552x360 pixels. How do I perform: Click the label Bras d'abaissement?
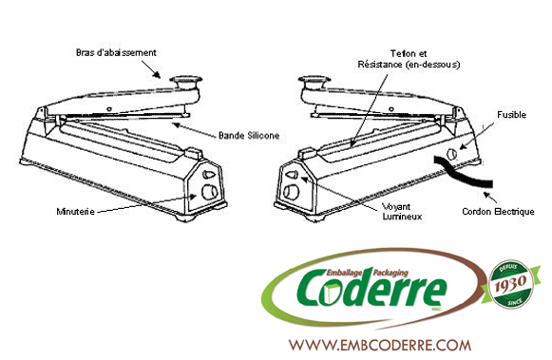click(116, 53)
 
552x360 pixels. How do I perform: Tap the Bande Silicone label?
click(249, 136)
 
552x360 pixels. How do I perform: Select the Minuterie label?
click(75, 212)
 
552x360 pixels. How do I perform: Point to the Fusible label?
click(511, 115)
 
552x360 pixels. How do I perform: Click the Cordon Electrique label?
click(498, 212)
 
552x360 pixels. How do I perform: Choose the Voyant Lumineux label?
click(402, 212)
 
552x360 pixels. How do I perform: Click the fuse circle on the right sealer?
click(451, 154)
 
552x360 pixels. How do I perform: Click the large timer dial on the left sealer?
click(209, 192)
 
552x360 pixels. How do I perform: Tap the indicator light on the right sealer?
click(293, 174)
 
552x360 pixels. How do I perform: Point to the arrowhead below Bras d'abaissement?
click(157, 75)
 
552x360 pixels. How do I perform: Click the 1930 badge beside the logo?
click(511, 284)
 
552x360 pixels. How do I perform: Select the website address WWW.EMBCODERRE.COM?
click(380, 345)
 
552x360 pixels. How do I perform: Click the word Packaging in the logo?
click(390, 273)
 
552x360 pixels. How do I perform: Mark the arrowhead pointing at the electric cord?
click(486, 195)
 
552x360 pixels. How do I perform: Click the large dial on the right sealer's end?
click(292, 192)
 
